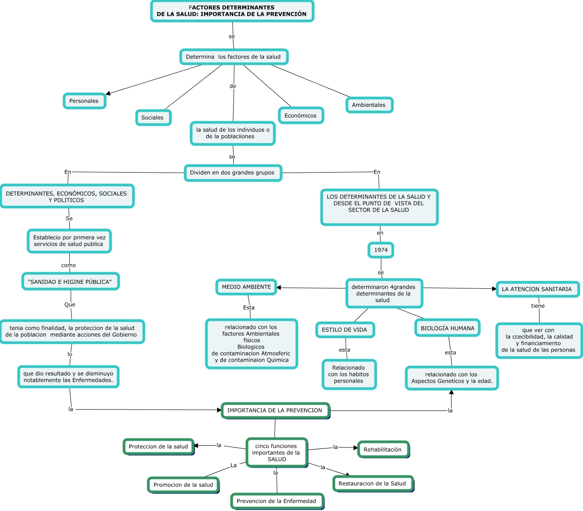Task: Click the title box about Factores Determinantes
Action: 232,11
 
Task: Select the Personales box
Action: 84,101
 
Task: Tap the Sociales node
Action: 153,118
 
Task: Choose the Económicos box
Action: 300,116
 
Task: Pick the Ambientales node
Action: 369,105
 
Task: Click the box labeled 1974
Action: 381,250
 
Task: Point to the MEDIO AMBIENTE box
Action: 246,287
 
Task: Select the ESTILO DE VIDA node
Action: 344,330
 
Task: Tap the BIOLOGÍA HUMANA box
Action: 447,328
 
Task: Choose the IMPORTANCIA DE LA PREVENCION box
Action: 275,411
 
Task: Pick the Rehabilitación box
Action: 383,450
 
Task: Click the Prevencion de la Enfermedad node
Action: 276,501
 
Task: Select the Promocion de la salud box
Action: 183,485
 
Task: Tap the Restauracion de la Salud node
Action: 372,484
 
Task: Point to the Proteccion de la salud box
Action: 158,447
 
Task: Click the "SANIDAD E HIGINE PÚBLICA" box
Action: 70,282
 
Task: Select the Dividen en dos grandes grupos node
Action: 232,173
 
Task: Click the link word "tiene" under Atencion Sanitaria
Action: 538,306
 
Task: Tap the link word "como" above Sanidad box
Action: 68,265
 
